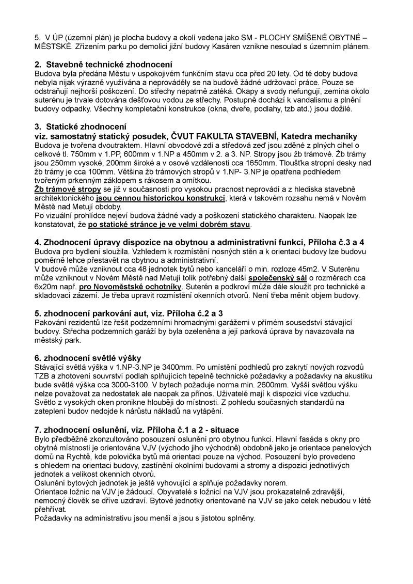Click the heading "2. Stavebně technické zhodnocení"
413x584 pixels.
[x=103, y=64]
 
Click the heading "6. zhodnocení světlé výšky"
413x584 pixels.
[x=88, y=358]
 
